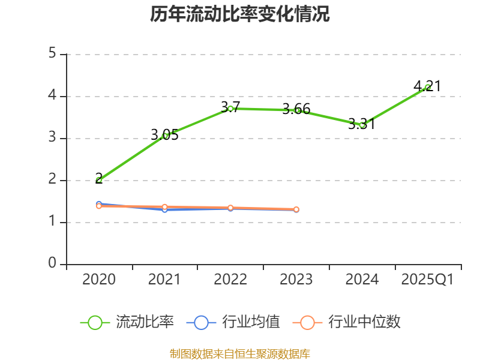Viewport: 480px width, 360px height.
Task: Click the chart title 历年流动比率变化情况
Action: [239, 14]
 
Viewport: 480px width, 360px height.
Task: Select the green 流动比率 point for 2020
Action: [99, 180]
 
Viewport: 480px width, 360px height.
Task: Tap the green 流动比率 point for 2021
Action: [165, 136]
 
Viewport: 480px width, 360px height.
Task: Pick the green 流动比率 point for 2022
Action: [230, 109]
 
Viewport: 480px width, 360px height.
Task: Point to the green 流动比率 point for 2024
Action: [362, 125]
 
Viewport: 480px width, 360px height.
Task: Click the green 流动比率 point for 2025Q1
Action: [428, 87]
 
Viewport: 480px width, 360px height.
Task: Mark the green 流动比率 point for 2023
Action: [296, 110]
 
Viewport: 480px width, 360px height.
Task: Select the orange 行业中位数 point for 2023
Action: [296, 209]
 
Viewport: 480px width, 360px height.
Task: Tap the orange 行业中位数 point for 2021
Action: [165, 207]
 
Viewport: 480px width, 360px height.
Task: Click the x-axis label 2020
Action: [99, 280]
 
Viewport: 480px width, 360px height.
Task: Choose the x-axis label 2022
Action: [230, 280]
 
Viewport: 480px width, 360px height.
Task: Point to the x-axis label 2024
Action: [362, 280]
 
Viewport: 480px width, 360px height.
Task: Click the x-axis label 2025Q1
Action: [428, 280]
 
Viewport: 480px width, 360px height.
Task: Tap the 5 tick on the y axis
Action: [52, 54]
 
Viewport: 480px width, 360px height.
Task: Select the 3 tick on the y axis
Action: [52, 138]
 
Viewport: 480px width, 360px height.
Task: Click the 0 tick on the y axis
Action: [52, 264]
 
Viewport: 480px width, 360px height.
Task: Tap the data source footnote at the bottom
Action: [239, 353]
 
